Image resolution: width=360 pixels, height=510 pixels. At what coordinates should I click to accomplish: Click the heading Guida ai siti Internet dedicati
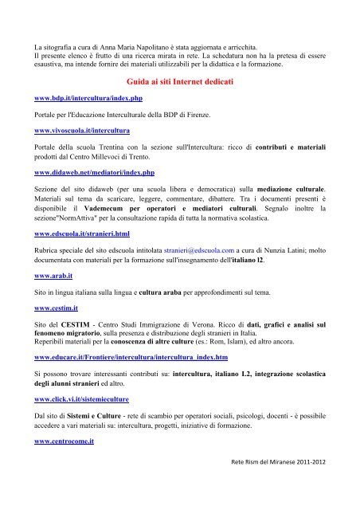pos(179,81)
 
